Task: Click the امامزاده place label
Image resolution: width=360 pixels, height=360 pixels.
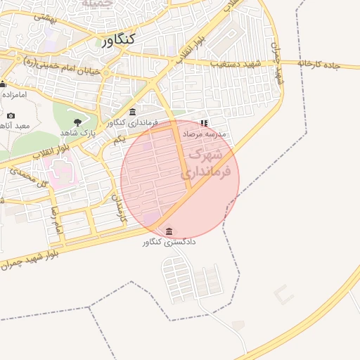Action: pyautogui.click(x=14, y=94)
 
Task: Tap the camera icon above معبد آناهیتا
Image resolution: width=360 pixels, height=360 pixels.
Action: pyautogui.click(x=11, y=115)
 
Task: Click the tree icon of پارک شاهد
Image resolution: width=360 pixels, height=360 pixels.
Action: pyautogui.click(x=77, y=122)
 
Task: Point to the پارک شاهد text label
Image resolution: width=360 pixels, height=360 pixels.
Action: pyautogui.click(x=77, y=132)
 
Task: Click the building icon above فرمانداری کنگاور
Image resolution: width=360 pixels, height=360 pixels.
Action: pyautogui.click(x=133, y=112)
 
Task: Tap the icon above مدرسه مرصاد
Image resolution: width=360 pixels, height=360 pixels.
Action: pyautogui.click(x=204, y=122)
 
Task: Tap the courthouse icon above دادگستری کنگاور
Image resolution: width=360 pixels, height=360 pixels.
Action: pyautogui.click(x=169, y=231)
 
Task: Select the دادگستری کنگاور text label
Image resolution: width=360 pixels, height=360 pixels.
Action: pyautogui.click(x=169, y=243)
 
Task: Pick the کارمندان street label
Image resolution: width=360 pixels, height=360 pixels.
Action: pyautogui.click(x=120, y=209)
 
